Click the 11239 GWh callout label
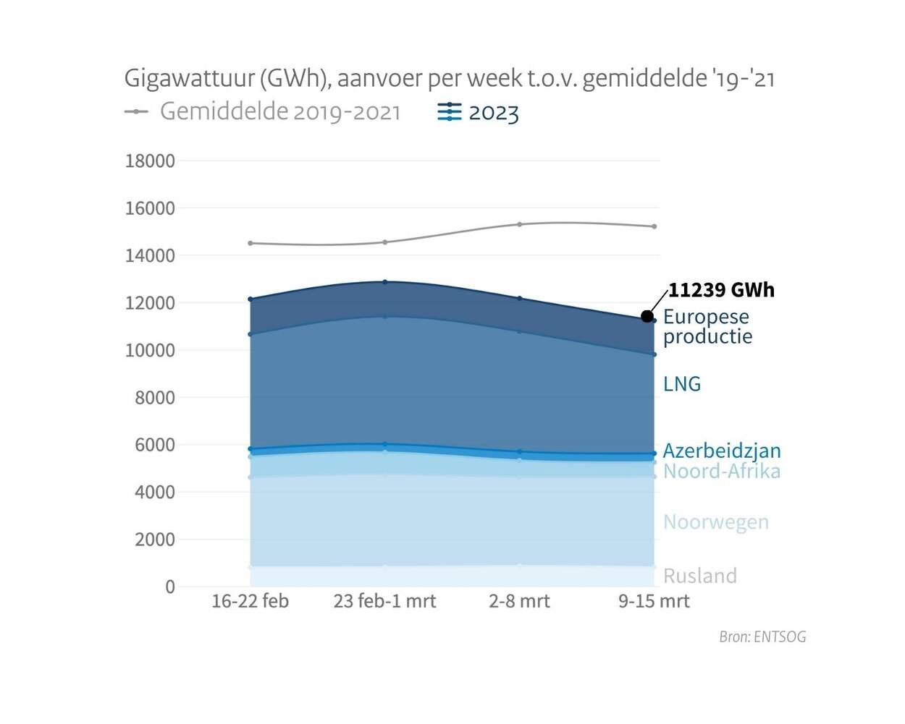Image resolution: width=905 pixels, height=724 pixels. [720, 290]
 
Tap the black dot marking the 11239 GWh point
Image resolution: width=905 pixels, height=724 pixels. [647, 316]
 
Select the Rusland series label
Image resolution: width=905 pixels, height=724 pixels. [699, 576]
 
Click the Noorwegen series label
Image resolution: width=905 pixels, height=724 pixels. [715, 522]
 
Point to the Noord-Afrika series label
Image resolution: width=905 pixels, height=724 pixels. [721, 472]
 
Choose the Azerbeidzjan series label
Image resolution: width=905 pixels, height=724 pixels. [721, 451]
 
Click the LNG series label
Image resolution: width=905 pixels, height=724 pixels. [681, 384]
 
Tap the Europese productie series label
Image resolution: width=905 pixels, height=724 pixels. [707, 326]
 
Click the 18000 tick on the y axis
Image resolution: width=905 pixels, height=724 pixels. [150, 161]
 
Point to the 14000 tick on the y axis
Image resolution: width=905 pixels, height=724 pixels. [150, 256]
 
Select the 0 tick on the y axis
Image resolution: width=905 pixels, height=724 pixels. [170, 587]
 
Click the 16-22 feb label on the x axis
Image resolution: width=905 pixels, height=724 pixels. [250, 601]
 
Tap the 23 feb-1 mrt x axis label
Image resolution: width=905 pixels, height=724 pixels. [384, 601]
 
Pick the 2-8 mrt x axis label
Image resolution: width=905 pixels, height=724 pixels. [519, 601]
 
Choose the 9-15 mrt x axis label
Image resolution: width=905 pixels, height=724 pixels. [654, 601]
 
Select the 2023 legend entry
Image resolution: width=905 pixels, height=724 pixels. [479, 113]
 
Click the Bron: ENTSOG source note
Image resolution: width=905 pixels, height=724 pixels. [762, 637]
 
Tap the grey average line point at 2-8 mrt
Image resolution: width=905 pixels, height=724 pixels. [519, 224]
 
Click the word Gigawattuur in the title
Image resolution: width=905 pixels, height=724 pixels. [189, 78]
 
